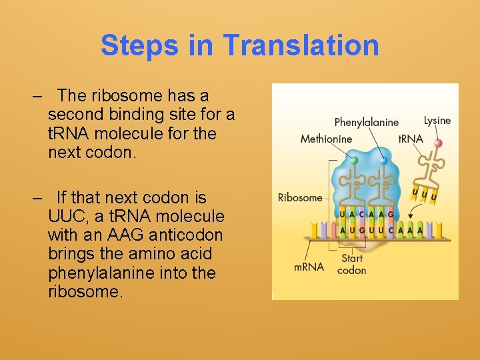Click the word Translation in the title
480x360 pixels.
point(301,45)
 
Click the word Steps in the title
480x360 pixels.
point(140,45)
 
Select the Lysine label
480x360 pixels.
point(437,121)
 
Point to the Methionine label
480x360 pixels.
point(326,139)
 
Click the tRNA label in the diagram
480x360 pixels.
point(411,139)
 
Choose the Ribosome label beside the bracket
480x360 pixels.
point(300,197)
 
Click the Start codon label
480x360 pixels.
point(351,264)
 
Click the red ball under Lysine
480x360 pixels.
point(438,143)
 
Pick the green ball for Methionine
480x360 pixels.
point(354,161)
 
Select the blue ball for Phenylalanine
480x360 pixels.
point(383,161)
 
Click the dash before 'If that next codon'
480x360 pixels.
point(37,198)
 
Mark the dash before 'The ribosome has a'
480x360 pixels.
point(37,96)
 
